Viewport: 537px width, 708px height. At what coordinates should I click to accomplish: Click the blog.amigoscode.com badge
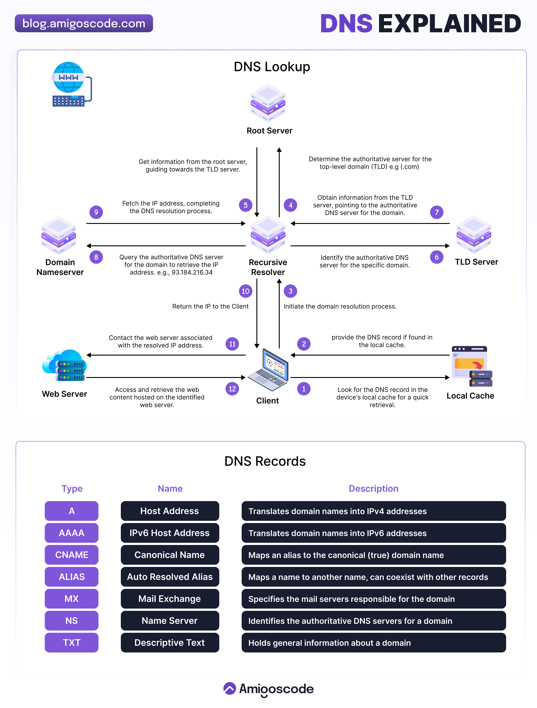tap(84, 23)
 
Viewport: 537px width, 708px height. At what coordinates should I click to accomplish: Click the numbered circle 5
tap(245, 205)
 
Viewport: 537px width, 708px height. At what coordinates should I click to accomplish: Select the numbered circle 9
tap(96, 212)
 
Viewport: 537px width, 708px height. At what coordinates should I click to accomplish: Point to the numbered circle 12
tap(232, 389)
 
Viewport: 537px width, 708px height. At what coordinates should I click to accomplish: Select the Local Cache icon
tap(472, 367)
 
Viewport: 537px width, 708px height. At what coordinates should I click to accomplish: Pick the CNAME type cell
tap(71, 555)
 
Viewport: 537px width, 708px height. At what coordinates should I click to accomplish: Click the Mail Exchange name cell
tap(170, 599)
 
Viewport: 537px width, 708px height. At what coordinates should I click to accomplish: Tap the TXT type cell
tap(71, 642)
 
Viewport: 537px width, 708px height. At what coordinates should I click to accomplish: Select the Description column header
tap(373, 488)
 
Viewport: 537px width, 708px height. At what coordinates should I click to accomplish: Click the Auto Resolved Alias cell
tap(170, 577)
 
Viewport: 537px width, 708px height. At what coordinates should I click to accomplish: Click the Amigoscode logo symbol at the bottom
tap(230, 689)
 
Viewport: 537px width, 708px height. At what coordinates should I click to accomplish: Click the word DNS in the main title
tap(346, 24)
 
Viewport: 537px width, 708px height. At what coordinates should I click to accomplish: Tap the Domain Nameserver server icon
tap(59, 236)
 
